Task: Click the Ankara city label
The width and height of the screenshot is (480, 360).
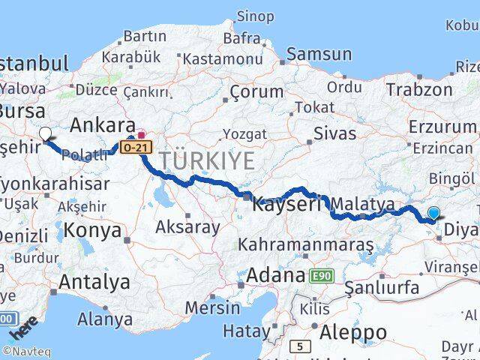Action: tap(102, 124)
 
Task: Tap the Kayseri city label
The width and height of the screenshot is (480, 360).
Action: tap(286, 203)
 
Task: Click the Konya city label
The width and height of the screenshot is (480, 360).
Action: tap(93, 230)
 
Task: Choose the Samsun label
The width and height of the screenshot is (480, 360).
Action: tap(319, 53)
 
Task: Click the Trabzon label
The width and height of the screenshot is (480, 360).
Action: tap(419, 89)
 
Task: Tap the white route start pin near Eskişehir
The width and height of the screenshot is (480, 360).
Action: tap(46, 134)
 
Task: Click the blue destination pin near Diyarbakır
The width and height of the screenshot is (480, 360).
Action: tap(434, 214)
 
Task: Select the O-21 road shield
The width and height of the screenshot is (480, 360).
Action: tap(136, 148)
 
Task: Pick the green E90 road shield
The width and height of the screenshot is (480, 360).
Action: tap(321, 276)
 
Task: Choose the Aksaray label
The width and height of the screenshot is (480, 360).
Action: tap(187, 226)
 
